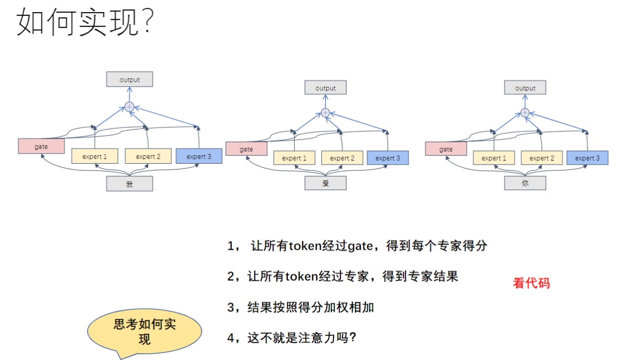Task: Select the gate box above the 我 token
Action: coord(41,146)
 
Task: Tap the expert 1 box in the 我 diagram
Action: coord(95,156)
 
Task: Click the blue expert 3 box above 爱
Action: coord(388,158)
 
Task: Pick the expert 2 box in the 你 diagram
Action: coord(542,158)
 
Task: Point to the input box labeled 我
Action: coord(130,184)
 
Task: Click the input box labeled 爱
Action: coord(326,183)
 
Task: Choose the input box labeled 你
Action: coord(525,183)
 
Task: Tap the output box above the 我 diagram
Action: coord(130,80)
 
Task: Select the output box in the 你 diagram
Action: coord(525,88)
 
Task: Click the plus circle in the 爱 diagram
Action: coord(325,113)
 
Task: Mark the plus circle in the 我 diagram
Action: coord(130,107)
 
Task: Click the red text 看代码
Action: coord(531,283)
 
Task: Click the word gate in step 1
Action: coord(360,246)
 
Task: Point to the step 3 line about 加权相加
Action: coord(300,308)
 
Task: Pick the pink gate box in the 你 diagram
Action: coord(446,150)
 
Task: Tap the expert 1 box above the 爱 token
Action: coord(294,158)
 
